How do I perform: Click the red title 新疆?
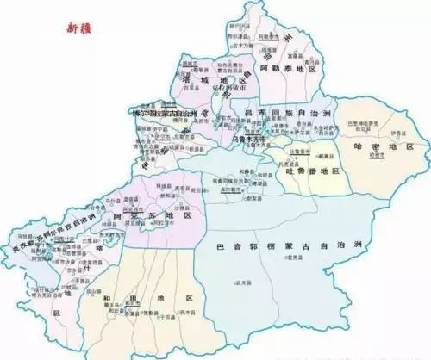[80, 28]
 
